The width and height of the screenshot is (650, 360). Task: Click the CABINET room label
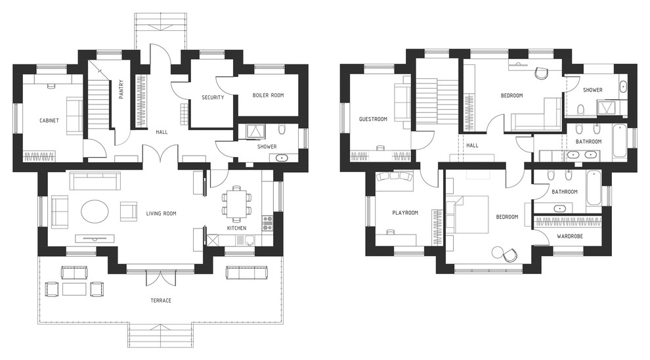coord(49,121)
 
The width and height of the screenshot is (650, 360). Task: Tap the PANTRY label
coord(121,89)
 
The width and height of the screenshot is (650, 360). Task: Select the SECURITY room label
coord(213,97)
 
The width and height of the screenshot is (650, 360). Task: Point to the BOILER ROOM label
coord(269,95)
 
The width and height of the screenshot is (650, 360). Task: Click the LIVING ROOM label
coord(162,214)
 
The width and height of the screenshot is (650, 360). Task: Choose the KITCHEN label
coord(237,228)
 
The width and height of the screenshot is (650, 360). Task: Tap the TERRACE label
coord(161,300)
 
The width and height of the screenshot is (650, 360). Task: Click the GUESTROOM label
coord(373,119)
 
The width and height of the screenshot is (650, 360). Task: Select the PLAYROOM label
coord(405,213)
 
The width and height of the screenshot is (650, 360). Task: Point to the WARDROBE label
coord(570,236)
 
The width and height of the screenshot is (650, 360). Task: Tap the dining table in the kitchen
coord(237,202)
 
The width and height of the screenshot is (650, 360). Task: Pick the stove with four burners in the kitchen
coord(267,223)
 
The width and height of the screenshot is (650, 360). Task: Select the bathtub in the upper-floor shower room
coord(624,87)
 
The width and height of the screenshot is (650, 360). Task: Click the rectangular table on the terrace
coord(75,288)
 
